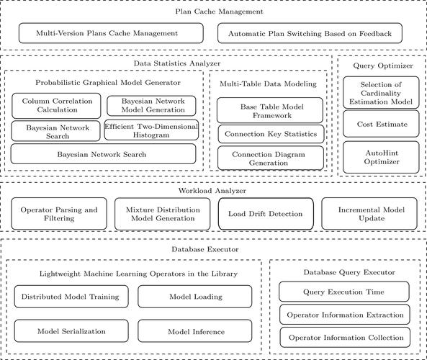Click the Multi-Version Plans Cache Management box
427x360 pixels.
(x=108, y=33)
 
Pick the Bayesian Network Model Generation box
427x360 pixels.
(x=151, y=105)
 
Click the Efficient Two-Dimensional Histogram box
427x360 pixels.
(x=150, y=130)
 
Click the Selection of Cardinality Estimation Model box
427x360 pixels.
(x=379, y=94)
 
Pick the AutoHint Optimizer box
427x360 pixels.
(x=379, y=156)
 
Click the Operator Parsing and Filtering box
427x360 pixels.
(x=58, y=214)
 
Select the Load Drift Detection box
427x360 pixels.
(x=266, y=214)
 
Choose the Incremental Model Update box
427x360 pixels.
(x=368, y=214)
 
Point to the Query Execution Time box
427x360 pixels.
(x=344, y=292)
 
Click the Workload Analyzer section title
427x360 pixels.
(x=213, y=190)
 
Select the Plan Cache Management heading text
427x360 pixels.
(x=213, y=12)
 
